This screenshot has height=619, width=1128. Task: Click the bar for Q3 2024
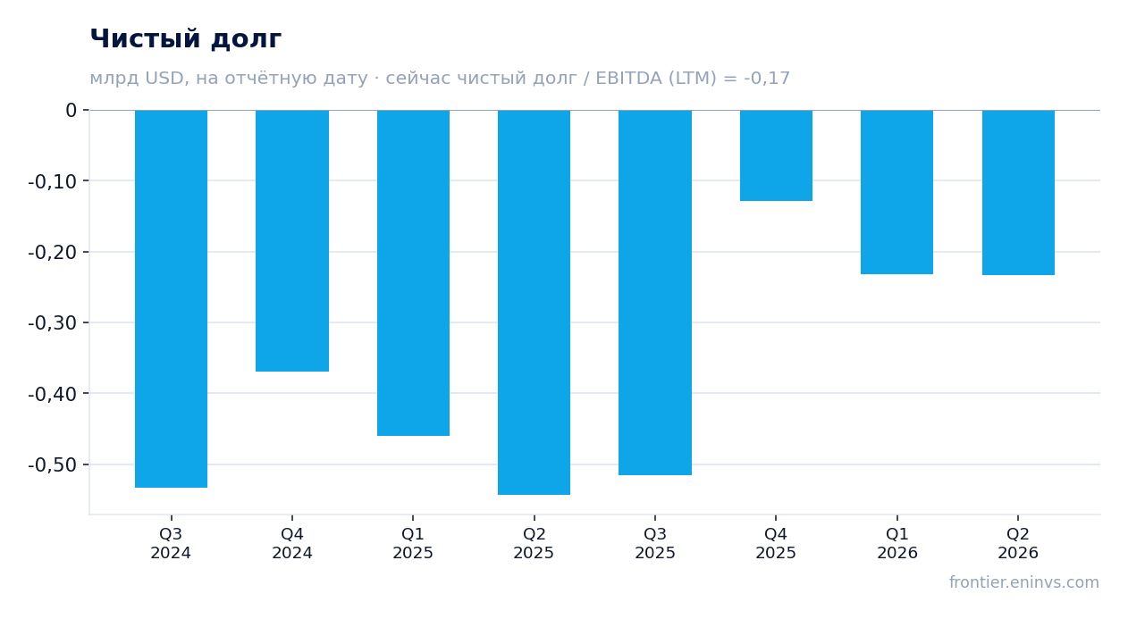172,299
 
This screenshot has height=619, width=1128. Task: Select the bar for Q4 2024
292,240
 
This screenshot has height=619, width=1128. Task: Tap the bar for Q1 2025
414,272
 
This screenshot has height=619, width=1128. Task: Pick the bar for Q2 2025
535,303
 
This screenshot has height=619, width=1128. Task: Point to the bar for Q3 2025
655,292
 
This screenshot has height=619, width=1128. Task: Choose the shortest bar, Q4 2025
776,155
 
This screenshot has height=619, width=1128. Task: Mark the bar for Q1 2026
897,192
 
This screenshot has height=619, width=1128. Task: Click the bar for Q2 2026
1018,193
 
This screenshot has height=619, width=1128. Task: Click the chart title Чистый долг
186,38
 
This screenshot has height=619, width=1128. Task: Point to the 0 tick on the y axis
71,110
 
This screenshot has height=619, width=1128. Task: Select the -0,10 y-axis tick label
53,181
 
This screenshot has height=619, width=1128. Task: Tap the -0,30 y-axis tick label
53,323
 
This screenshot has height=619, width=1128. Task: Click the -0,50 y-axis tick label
53,465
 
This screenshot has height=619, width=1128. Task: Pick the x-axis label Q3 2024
171,543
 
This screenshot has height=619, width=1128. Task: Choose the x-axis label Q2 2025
534,543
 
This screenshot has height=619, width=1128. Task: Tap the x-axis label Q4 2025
776,543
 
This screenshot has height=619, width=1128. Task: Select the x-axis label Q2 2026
1018,543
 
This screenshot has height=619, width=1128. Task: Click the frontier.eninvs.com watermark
1024,582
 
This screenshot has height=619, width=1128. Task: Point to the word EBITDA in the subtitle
629,78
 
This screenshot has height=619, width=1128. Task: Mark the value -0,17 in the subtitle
767,79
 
